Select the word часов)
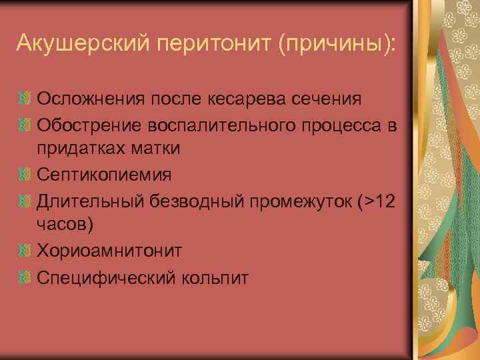coord(65,225)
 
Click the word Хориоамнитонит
coord(109,250)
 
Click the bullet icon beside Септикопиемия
coord(25,175)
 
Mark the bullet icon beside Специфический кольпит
coord(25,275)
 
